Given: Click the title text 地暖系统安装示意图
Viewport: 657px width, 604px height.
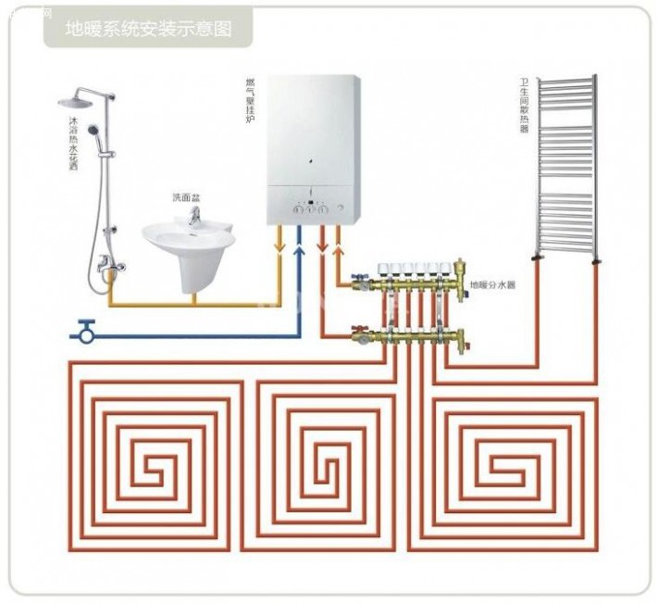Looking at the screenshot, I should tap(147, 28).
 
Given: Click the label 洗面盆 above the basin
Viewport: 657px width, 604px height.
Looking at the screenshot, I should tap(185, 197).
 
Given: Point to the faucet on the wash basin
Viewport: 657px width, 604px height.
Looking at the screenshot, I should tap(194, 217).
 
